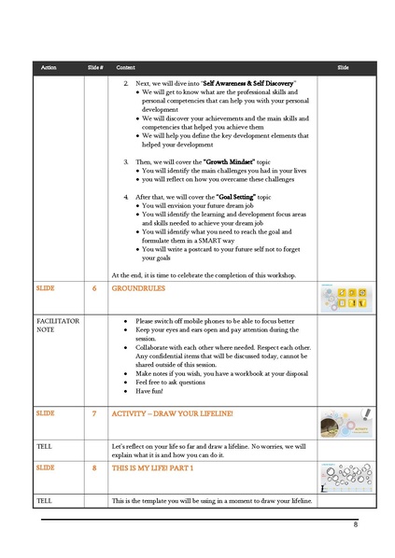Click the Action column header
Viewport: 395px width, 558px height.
pyautogui.click(x=49, y=69)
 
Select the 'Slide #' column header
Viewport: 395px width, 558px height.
pyautogui.click(x=94, y=69)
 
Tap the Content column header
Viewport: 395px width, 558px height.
pyautogui.click(x=125, y=69)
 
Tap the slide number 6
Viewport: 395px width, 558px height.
pyautogui.click(x=94, y=289)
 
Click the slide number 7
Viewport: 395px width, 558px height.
pyautogui.click(x=94, y=412)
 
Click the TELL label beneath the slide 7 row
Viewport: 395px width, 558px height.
pyautogui.click(x=44, y=440)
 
